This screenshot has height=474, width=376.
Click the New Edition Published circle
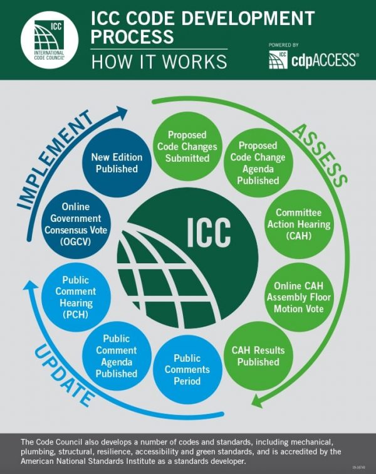point(117,162)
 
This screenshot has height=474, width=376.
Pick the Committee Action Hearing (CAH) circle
point(294,223)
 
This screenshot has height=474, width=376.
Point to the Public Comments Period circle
point(187,369)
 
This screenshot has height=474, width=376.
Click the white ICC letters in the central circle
point(209,233)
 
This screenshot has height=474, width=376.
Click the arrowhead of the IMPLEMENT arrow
point(121,113)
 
